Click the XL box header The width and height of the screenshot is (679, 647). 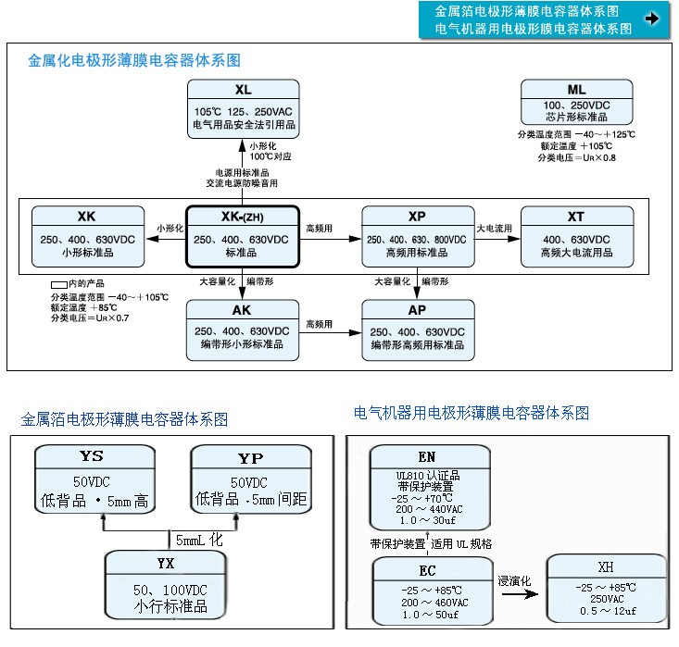tap(243, 90)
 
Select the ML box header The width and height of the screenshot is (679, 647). tap(576, 90)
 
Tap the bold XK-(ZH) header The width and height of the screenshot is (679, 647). tap(243, 217)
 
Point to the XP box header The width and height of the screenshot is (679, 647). tap(417, 217)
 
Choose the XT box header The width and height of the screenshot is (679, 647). tap(576, 217)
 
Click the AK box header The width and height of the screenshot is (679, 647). tap(243, 310)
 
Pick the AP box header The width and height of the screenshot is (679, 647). tap(417, 310)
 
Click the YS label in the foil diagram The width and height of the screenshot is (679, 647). tap(92, 456)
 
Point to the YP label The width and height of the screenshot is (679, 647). tap(250, 457)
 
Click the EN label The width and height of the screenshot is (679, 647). tap(426, 457)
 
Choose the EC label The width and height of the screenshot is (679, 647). tap(426, 570)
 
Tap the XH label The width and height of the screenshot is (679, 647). tap(606, 566)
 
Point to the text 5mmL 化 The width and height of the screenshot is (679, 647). tap(198, 538)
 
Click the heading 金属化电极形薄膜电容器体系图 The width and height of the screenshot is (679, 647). tap(134, 61)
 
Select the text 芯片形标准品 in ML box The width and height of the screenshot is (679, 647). tap(576, 118)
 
